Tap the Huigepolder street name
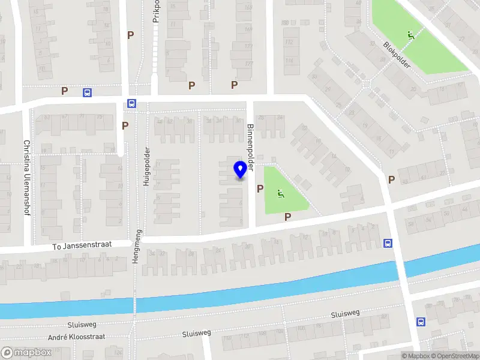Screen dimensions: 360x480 coord(146,166)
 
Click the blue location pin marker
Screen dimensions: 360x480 coord(240,170)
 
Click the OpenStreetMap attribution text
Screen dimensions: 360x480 coord(454,356)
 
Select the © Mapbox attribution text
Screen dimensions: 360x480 coord(415,356)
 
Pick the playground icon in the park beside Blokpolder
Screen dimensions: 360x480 coord(411,35)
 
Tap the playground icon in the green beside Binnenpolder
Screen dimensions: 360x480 coord(280,193)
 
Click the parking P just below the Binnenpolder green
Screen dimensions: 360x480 coord(287,217)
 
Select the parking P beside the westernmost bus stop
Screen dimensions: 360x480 coord(64,91)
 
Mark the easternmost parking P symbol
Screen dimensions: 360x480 coord(391,179)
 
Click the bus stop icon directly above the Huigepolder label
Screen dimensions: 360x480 coord(132,104)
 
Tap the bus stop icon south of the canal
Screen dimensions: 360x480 coord(421,322)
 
